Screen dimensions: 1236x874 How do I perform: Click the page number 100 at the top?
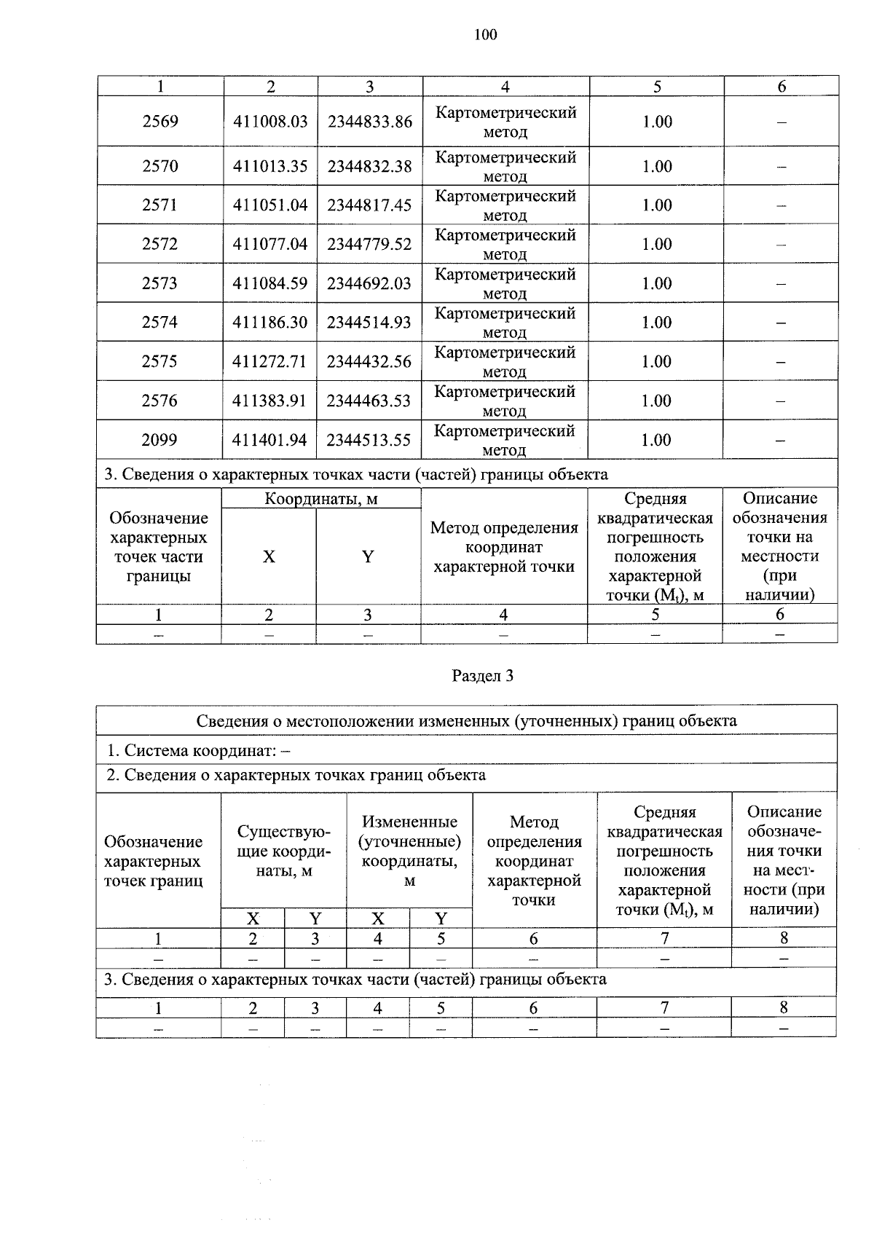pyautogui.click(x=485, y=34)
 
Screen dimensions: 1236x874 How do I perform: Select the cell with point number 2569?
pyautogui.click(x=160, y=122)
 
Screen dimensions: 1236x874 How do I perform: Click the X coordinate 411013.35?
pyautogui.click(x=270, y=167)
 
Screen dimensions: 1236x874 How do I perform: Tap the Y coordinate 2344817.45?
pyautogui.click(x=369, y=205)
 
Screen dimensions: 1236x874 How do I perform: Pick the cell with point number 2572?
pyautogui.click(x=160, y=245)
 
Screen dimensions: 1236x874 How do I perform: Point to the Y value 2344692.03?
pyautogui.click(x=369, y=284)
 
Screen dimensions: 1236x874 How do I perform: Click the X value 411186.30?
pyautogui.click(x=270, y=323)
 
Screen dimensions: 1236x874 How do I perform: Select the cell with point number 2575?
pyautogui.click(x=160, y=362)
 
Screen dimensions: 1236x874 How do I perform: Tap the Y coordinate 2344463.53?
pyautogui.click(x=369, y=401)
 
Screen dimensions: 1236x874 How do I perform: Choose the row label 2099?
pyautogui.click(x=160, y=441)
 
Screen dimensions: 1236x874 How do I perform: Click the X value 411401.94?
pyautogui.click(x=270, y=441)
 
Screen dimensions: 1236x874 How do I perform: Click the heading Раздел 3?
pyautogui.click(x=483, y=676)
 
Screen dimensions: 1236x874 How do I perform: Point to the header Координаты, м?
pyautogui.click(x=321, y=500)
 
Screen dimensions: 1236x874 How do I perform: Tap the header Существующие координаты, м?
pyautogui.click(x=283, y=851)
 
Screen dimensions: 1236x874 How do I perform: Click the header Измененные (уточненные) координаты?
pyautogui.click(x=409, y=851)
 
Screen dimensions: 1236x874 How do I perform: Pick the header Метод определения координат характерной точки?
pyautogui.click(x=534, y=861)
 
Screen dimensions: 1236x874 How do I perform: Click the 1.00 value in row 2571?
pyautogui.click(x=657, y=205)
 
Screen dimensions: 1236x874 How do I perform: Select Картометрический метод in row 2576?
pyautogui.click(x=505, y=401)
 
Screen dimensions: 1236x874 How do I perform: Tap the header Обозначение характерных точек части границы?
pyautogui.click(x=159, y=547)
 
